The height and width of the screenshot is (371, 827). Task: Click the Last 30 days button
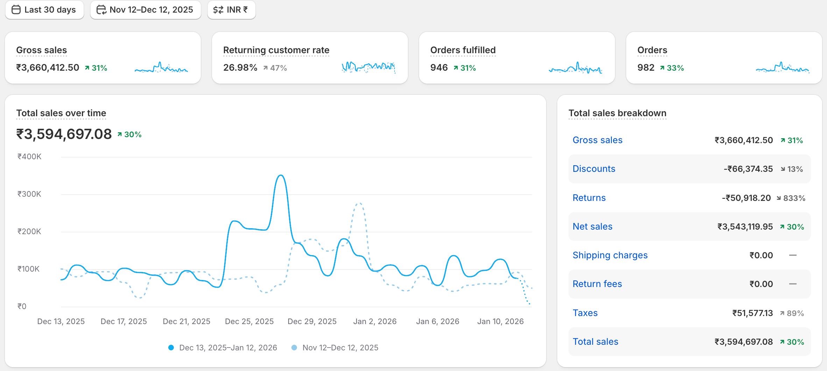44,10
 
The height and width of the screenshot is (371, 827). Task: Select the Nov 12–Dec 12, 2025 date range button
146,10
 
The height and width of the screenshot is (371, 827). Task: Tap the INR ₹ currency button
231,10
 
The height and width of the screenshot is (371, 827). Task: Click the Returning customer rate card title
276,50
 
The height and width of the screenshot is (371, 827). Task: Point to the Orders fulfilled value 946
439,68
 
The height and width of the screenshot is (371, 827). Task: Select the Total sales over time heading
61,113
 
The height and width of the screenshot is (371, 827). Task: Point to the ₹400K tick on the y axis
29,156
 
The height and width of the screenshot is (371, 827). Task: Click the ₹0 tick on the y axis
22,306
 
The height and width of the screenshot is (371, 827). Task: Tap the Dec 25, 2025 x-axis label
249,321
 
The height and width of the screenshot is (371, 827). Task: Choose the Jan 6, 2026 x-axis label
437,321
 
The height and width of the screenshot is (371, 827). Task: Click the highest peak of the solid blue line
281,175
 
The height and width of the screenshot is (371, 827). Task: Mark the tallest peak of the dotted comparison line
359,203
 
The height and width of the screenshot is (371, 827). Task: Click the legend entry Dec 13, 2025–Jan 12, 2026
228,348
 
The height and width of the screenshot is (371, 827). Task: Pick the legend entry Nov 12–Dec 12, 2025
340,348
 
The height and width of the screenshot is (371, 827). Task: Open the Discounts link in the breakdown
594,169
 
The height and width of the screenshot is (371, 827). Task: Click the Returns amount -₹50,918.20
746,198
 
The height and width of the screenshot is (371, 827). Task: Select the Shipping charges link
610,255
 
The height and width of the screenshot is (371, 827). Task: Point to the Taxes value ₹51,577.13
752,313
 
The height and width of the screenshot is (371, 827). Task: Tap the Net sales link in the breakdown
592,226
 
